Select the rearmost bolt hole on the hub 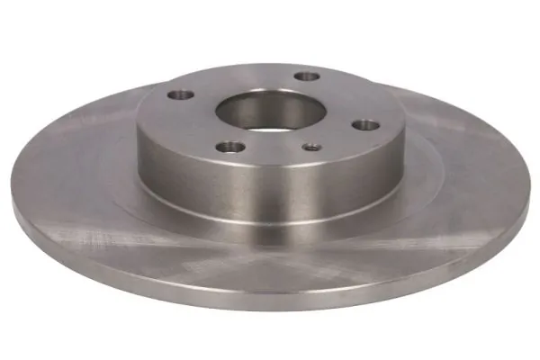(308, 77)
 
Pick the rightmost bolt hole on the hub (367, 125)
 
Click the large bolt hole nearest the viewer (231, 147)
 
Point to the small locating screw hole (311, 148)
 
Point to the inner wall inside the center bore (270, 103)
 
